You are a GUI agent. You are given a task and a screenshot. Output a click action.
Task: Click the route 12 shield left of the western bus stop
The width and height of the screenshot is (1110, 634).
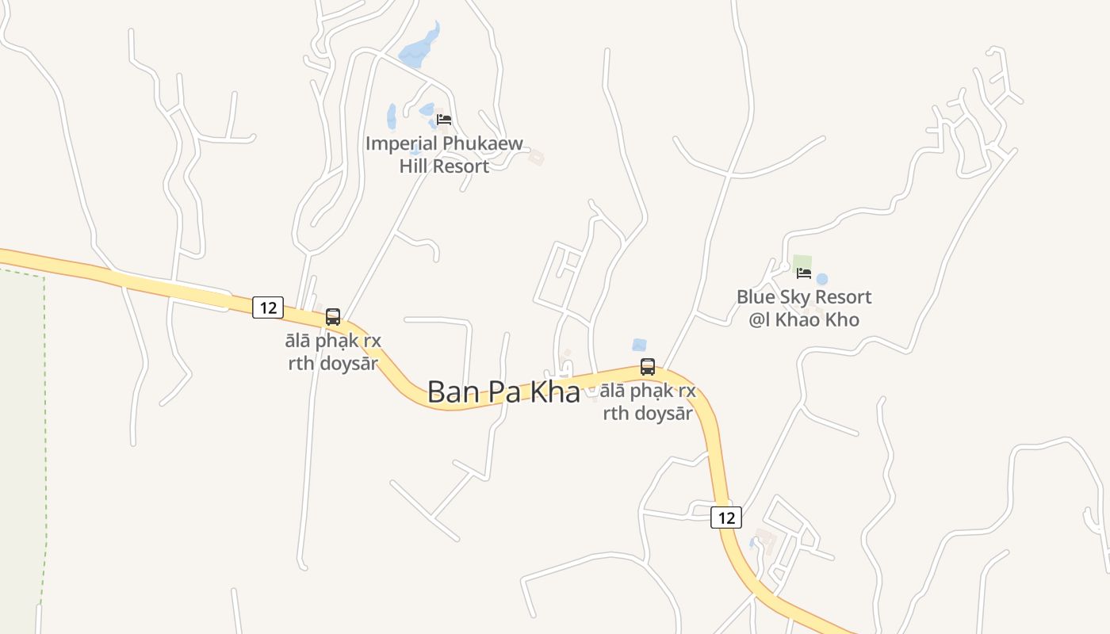pyautogui.click(x=268, y=307)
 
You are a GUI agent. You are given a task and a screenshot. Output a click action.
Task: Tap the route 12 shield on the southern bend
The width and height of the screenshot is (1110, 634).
pyautogui.click(x=725, y=518)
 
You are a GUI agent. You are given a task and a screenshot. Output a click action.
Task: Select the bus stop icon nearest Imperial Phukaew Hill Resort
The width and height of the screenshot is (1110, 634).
pyautogui.click(x=333, y=317)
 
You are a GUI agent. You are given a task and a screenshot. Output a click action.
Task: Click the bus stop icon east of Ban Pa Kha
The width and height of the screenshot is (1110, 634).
pyautogui.click(x=648, y=367)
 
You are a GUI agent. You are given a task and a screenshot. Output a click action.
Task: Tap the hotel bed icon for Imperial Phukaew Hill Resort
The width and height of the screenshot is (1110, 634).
pyautogui.click(x=444, y=120)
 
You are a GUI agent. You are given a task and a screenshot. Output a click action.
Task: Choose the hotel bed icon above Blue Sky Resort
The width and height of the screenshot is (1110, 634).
pyautogui.click(x=804, y=273)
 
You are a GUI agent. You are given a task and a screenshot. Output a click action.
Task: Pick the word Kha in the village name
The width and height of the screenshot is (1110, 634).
pyautogui.click(x=554, y=392)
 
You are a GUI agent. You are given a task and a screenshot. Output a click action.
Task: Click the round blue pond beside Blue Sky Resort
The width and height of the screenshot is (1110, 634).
pyautogui.click(x=822, y=279)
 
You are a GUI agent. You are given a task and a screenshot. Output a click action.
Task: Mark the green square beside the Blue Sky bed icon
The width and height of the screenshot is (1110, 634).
pyautogui.click(x=802, y=261)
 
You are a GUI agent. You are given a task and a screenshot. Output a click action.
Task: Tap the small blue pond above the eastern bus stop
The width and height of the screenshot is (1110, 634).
pyautogui.click(x=639, y=345)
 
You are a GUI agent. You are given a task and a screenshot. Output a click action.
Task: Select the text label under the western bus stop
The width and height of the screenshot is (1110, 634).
pyautogui.click(x=333, y=352)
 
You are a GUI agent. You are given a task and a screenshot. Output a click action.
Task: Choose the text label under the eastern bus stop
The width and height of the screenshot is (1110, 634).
pyautogui.click(x=648, y=402)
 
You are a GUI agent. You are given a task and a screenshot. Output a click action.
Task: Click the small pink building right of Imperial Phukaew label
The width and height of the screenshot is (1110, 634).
pyautogui.click(x=537, y=158)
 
